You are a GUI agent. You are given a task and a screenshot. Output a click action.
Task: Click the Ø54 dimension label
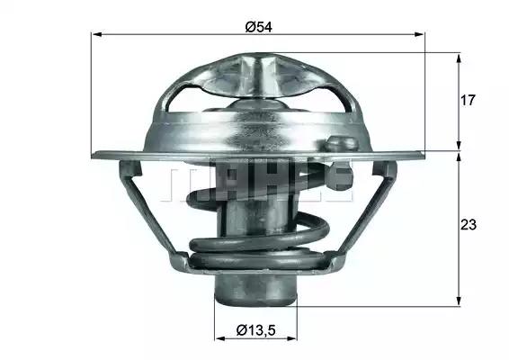pyautogui.click(x=258, y=27)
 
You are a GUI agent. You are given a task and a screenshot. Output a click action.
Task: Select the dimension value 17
pyautogui.click(x=468, y=101)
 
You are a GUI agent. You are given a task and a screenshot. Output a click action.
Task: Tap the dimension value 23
pyautogui.click(x=469, y=224)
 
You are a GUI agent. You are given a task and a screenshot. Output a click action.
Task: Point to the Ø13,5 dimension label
pyautogui.click(x=256, y=330)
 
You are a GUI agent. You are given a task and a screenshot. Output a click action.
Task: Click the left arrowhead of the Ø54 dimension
pyautogui.click(x=97, y=34)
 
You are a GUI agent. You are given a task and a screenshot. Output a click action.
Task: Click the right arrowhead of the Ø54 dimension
pyautogui.click(x=419, y=34)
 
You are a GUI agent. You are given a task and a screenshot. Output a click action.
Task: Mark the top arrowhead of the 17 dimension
pyautogui.click(x=459, y=59)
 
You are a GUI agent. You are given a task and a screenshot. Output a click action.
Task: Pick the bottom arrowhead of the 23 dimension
pyautogui.click(x=459, y=301)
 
